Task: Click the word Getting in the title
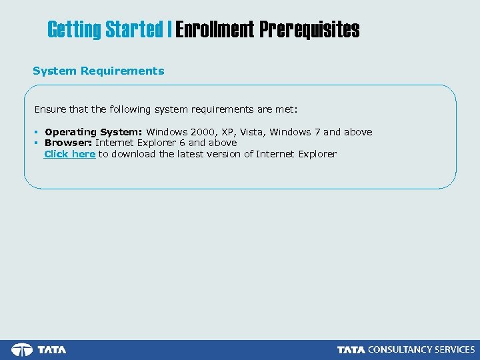point(74,30)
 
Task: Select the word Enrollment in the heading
point(215,30)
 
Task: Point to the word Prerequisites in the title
point(309,30)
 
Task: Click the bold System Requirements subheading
point(98,71)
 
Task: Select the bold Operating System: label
point(94,132)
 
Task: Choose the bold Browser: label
point(69,143)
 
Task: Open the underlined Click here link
point(69,154)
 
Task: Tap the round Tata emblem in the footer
point(22,349)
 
